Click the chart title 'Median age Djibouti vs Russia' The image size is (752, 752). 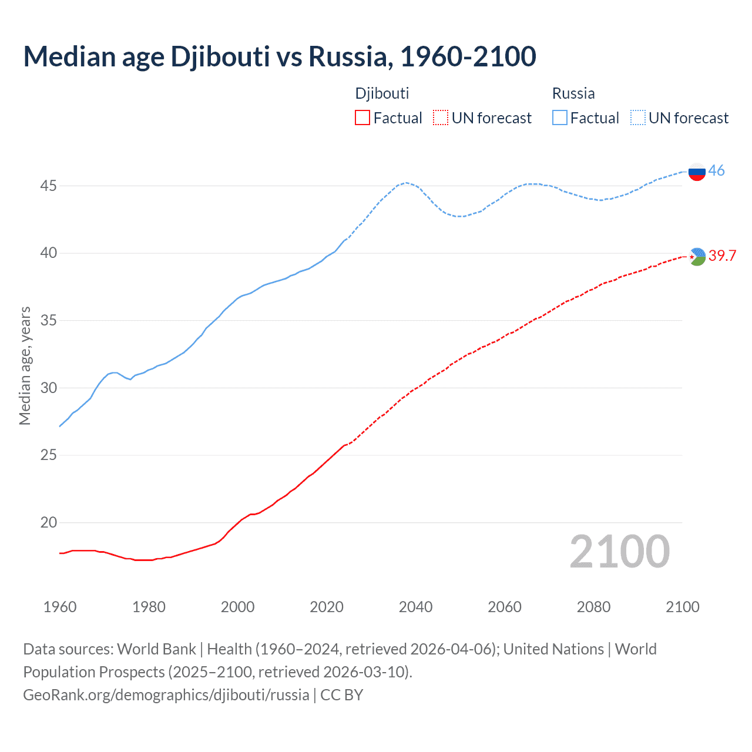click(280, 56)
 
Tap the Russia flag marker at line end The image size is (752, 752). click(697, 172)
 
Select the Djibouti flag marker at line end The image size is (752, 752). click(697, 256)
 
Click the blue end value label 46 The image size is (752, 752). click(716, 170)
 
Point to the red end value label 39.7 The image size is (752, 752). click(722, 256)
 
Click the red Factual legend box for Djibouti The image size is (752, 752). click(362, 118)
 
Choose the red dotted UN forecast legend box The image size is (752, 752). click(441, 118)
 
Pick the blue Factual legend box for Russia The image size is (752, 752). click(560, 118)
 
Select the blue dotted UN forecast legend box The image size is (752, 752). click(638, 118)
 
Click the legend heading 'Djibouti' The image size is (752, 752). click(382, 93)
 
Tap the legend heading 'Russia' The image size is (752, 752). click(573, 93)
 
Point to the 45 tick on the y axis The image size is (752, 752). click(48, 186)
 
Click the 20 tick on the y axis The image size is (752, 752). click(48, 522)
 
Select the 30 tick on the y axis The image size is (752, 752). click(48, 388)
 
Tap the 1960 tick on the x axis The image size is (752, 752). click(60, 607)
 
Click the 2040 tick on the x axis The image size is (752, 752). click(415, 607)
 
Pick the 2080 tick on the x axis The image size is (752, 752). click(593, 607)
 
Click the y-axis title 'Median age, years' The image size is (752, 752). click(25, 365)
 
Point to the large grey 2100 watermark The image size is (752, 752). click(619, 551)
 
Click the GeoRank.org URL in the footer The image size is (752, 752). click(166, 695)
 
